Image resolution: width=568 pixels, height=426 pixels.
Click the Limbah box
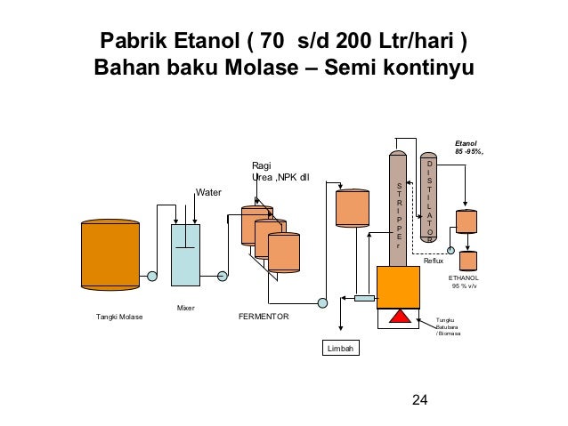(x=339, y=349)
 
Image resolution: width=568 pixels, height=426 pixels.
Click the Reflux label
(x=434, y=261)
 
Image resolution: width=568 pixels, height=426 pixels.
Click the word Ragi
(x=261, y=165)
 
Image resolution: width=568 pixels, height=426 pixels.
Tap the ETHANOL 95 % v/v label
(x=464, y=282)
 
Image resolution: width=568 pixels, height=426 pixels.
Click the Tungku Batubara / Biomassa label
(x=449, y=326)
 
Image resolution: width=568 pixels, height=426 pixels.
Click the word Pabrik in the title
(x=134, y=42)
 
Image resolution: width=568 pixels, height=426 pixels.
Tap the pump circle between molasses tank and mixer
(x=152, y=277)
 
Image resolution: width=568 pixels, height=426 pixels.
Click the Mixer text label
(x=185, y=308)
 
